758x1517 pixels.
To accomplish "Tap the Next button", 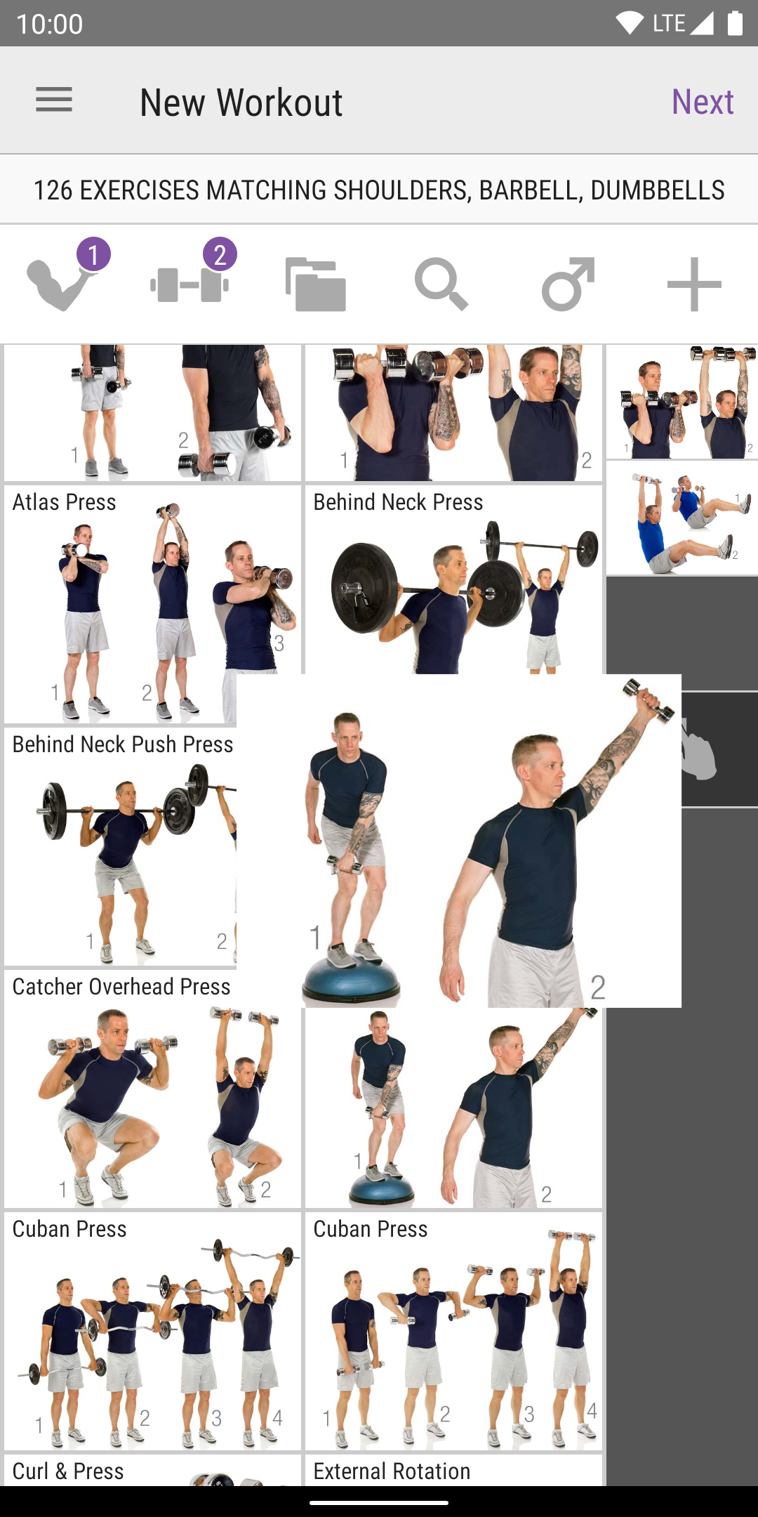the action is coord(703,102).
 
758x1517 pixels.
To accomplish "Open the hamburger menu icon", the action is coord(54,100).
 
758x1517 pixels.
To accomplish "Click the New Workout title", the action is coord(241,103).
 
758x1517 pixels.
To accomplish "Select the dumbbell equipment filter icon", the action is coord(189,284).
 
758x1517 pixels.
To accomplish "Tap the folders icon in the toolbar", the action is coord(316,284).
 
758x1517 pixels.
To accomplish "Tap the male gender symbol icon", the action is coord(568,284).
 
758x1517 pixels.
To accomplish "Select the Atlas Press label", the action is coord(65,502).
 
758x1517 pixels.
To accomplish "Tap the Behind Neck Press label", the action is coord(398,502).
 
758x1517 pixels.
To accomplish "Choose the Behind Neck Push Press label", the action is coord(123,744).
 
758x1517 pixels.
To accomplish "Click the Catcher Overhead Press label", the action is coord(121,987).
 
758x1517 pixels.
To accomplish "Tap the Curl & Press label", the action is coord(68,1471).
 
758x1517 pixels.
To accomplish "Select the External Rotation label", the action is coord(392,1471).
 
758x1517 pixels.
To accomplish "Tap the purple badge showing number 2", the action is coord(220,255).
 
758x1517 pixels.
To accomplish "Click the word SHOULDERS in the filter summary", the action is coord(401,190).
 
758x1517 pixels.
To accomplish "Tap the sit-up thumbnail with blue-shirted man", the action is coord(682,518).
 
